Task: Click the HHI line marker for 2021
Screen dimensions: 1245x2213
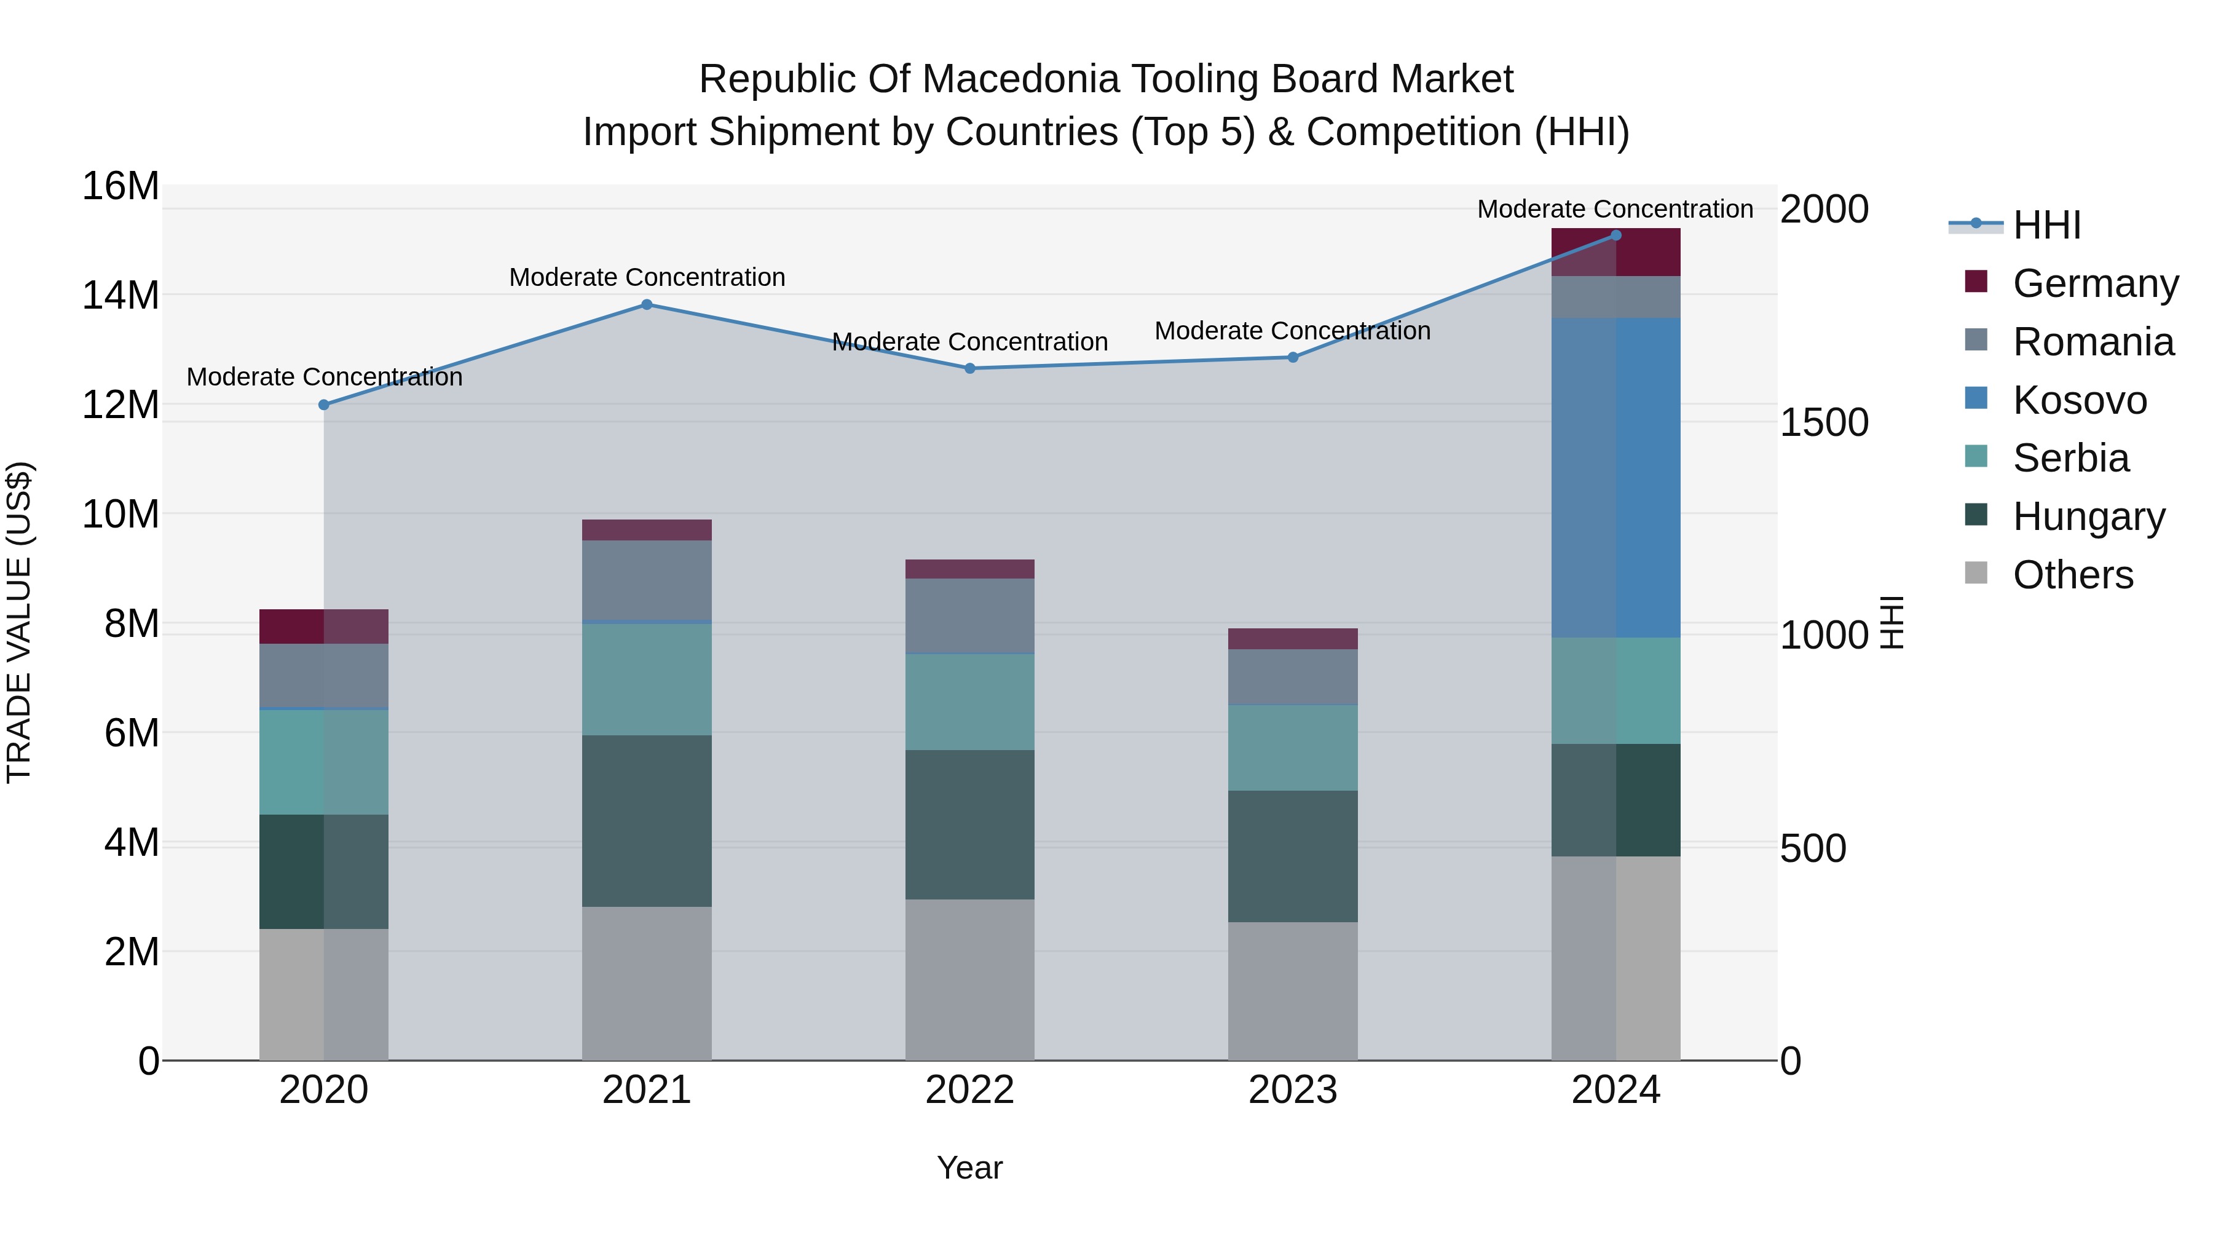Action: [647, 304]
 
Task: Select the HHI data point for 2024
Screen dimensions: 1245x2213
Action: [1616, 235]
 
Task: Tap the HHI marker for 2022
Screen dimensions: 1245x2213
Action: [970, 369]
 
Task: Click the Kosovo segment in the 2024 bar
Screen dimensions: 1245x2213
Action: [1616, 478]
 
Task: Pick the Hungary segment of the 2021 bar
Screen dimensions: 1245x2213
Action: [647, 821]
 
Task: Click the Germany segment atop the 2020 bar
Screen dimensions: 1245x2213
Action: [324, 626]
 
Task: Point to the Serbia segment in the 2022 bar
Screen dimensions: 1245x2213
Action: [970, 702]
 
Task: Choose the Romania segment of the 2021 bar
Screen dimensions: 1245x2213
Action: [647, 580]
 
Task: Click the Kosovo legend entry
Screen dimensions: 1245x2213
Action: [2079, 400]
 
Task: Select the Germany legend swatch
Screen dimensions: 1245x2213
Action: [1976, 282]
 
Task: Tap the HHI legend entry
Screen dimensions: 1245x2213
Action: [2046, 225]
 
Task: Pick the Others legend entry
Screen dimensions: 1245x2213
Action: [2072, 575]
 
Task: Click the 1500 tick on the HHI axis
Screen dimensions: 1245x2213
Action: [1824, 423]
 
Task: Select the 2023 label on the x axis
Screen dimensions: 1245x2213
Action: [1293, 1090]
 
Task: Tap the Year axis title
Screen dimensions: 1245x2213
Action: [970, 1168]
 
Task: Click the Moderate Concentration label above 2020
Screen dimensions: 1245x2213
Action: [324, 377]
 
